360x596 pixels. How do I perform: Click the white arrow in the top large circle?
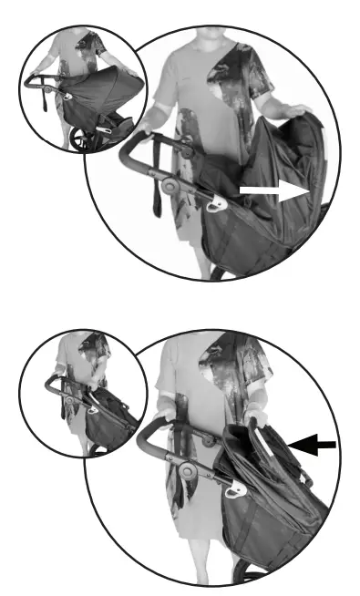273,190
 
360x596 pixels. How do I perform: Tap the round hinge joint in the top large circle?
170,186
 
